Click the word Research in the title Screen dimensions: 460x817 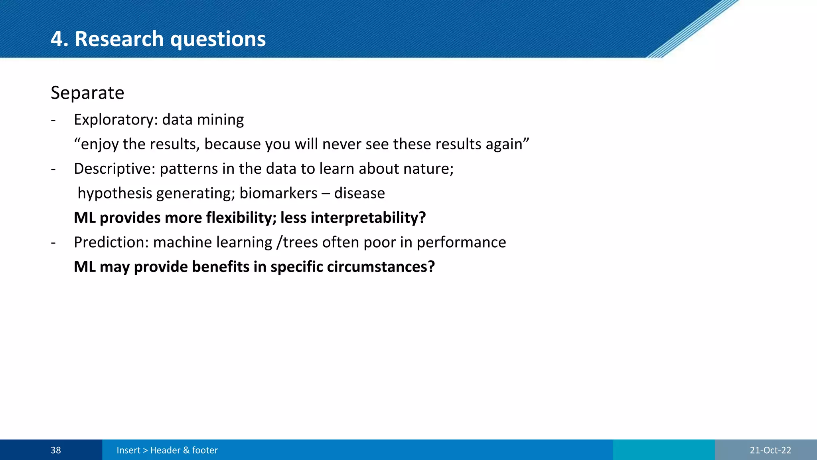[119, 39]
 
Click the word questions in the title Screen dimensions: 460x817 [218, 39]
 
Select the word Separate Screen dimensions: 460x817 [87, 93]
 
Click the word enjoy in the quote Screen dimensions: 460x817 [99, 145]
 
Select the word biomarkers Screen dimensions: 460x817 [278, 193]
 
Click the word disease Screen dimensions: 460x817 [359, 193]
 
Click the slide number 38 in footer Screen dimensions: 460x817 [56, 450]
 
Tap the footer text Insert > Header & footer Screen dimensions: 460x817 [167, 450]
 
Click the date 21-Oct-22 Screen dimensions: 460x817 [770, 450]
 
